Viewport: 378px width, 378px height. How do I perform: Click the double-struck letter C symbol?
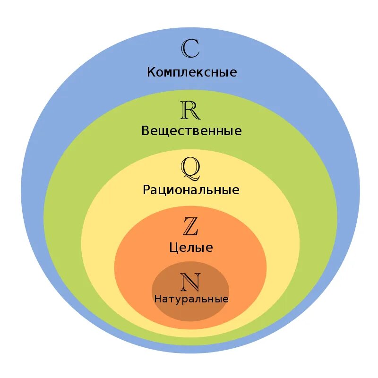191,49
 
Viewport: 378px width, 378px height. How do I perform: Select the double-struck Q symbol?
190,169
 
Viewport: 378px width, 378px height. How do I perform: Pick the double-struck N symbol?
190,283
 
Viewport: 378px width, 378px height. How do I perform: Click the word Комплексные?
192,73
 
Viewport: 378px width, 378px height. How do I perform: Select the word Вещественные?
191,131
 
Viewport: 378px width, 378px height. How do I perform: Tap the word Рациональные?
191,190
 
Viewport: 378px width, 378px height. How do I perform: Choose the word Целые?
191,248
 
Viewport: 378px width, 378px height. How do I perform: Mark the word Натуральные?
191,299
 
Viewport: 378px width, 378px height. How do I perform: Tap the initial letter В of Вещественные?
146,131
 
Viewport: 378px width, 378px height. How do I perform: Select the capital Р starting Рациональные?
146,190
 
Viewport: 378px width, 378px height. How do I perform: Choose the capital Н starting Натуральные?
157,299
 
